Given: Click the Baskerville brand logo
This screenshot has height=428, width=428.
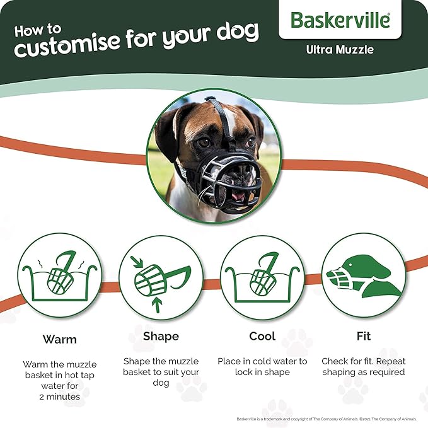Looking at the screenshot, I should click(x=340, y=20).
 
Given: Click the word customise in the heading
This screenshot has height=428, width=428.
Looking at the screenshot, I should click(x=68, y=43).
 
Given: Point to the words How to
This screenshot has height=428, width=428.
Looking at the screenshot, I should click(x=38, y=30).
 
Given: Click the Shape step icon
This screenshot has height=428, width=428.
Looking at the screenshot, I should click(x=161, y=277).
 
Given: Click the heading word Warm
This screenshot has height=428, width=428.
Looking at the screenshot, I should click(x=60, y=339).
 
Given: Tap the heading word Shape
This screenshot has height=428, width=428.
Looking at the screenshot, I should click(x=161, y=336).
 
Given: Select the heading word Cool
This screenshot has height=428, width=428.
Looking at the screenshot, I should click(x=262, y=336).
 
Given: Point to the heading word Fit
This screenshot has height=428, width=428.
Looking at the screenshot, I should click(x=363, y=336).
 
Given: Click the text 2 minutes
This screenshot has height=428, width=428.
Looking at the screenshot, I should click(x=60, y=396).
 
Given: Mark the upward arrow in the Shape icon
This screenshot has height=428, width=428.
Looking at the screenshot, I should click(x=157, y=305).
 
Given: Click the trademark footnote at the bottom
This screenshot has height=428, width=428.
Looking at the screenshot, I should click(x=327, y=419).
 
